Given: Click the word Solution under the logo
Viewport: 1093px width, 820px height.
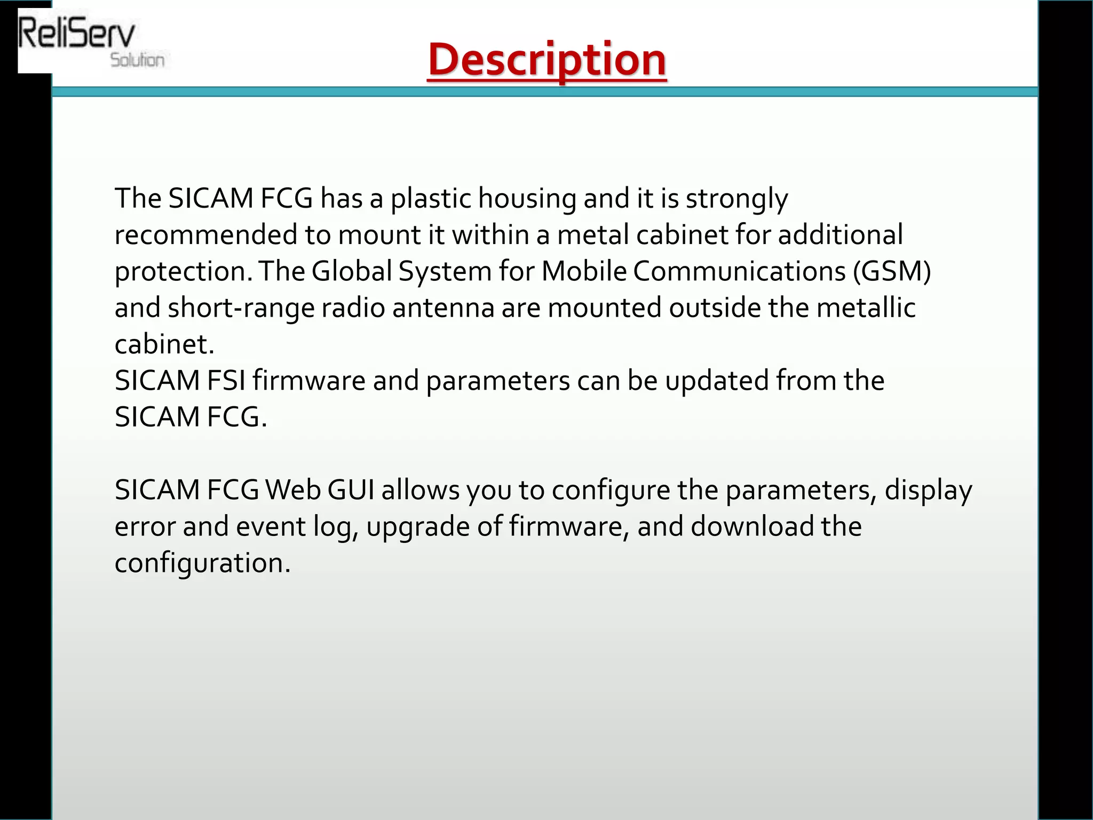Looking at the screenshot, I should coord(137,60).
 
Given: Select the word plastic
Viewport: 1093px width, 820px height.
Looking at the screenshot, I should coord(431,199).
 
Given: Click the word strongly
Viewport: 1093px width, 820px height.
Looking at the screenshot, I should coord(736,199).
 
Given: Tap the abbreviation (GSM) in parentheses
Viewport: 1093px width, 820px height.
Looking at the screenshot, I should coord(891,271).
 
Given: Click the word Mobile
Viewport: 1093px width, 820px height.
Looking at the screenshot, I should coord(584,271).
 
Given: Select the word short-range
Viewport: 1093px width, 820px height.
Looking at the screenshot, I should coord(241,308).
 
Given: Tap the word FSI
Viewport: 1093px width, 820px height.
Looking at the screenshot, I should coord(226,381).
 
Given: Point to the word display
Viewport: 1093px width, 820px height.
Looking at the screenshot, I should coord(928,490).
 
